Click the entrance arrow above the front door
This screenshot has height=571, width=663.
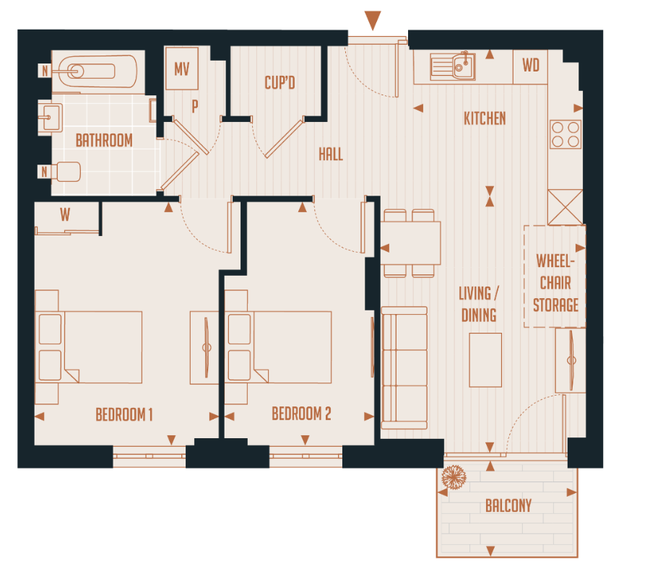pos(373,20)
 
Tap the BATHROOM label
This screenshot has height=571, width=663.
pos(104,140)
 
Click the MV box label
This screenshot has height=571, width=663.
pos(182,70)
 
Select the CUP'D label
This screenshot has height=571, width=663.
pos(279,83)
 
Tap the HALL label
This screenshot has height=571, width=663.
pos(331,154)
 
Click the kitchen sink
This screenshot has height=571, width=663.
pos(453,66)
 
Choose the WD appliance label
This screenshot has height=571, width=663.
pos(531,66)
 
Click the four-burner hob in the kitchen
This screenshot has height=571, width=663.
pos(565,133)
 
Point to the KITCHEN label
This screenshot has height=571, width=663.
pos(485,118)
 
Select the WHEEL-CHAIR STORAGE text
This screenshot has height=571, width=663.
pos(555,282)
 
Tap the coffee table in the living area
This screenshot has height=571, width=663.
pos(485,359)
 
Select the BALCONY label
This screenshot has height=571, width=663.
pos(508,506)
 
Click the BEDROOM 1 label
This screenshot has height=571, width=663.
pos(124,414)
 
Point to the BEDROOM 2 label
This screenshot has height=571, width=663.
pos(301,414)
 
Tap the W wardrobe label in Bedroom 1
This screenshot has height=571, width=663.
pos(65,214)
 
